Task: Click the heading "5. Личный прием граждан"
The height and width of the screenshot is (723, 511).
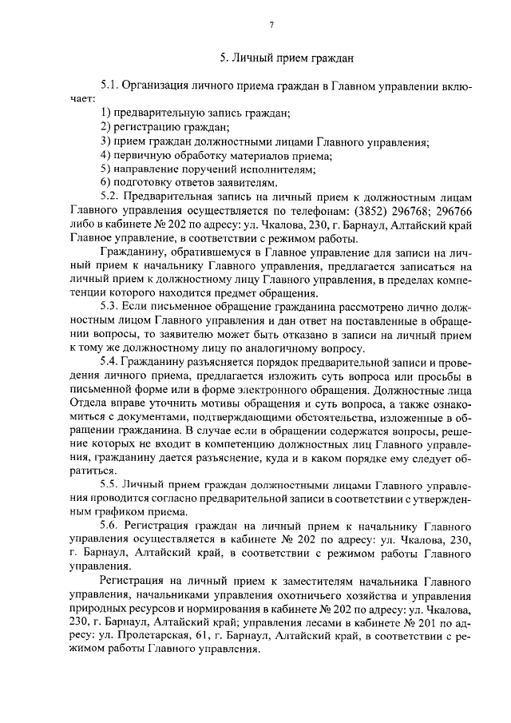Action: click(286, 58)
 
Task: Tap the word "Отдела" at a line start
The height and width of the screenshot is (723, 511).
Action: click(89, 407)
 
